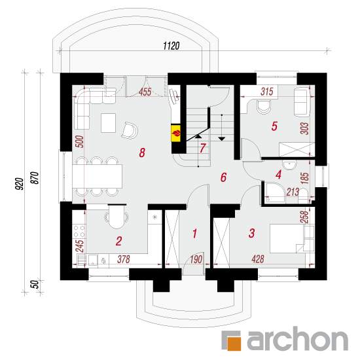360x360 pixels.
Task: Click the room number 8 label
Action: coord(142,153)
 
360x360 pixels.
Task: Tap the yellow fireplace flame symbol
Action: coord(176,133)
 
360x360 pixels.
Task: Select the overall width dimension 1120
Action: coord(171,46)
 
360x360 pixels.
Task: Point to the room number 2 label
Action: coord(118,241)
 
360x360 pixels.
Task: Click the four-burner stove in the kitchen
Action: coord(79,231)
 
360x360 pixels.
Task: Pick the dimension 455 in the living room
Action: coord(145,92)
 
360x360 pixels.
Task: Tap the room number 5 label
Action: coord(274,126)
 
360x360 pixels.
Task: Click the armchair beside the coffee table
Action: coord(130,131)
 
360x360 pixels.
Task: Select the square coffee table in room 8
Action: coord(108,123)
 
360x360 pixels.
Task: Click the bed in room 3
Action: coord(292,238)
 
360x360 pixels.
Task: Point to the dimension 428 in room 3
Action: coord(258,259)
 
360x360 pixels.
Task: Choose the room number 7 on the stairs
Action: coord(202,148)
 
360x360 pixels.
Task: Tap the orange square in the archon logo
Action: coord(234,344)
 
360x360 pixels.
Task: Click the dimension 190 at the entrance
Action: coord(196,259)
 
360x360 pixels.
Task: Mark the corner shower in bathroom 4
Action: coord(275,193)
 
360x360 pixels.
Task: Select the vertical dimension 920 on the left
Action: coord(20,184)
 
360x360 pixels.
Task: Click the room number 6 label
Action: coord(223,177)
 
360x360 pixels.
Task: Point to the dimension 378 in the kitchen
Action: coord(124,259)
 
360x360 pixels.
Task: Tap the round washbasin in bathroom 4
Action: coord(290,165)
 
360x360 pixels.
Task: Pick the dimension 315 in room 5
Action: coord(267,92)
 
